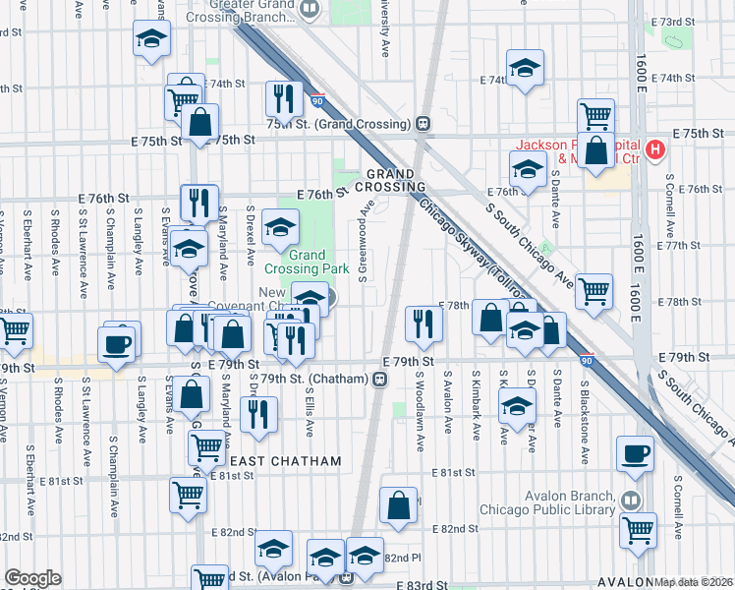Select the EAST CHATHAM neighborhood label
285,461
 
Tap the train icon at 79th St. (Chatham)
378,378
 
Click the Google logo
32,578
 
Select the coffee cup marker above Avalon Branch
635,453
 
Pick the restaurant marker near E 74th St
281,96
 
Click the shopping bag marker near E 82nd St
398,505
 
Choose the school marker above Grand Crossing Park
281,227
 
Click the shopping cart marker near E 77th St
594,290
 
